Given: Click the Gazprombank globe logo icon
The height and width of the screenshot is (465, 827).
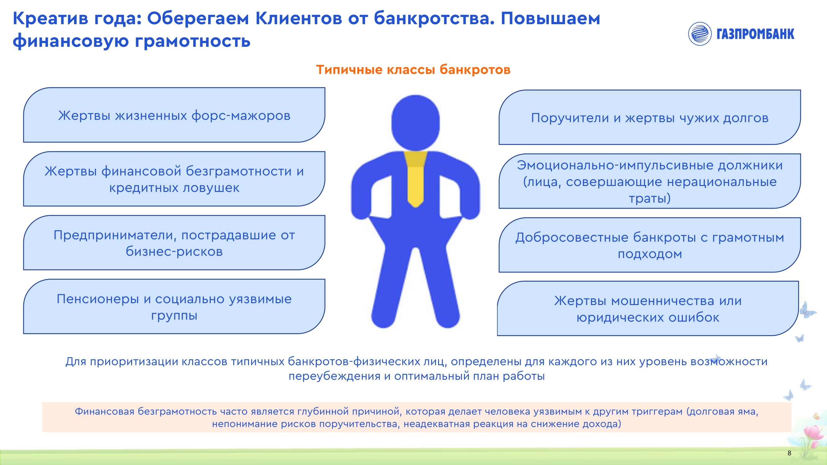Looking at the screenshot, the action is pos(700,34).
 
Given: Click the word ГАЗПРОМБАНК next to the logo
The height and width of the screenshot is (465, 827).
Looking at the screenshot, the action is pos(755,34).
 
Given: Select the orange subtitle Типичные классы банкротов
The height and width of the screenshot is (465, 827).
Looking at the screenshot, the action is pos(413,70).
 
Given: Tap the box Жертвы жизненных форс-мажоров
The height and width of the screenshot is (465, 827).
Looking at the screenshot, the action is pos(174,115).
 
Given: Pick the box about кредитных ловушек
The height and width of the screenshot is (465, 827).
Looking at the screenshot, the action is pos(174,179).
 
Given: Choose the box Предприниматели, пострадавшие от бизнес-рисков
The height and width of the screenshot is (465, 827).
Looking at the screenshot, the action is pos(174,243).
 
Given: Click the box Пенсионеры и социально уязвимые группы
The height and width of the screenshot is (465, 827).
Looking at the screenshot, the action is pos(174,307).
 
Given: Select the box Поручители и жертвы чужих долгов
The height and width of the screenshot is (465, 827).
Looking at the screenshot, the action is pos(650,117).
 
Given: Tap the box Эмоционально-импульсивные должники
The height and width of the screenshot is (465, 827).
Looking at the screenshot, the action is pos(650,181).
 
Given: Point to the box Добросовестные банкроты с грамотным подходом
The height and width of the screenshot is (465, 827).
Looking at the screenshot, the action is pos(650,245).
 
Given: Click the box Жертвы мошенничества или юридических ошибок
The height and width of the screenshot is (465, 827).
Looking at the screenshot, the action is pos(648,308).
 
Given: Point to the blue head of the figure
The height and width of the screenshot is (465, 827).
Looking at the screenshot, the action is pos(416,122).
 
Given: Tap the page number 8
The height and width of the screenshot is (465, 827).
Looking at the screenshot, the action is pos(789,453).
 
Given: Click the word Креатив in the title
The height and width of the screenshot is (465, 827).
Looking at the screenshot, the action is pos(51,18).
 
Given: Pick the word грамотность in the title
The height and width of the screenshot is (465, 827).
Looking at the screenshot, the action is pos(193,42).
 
